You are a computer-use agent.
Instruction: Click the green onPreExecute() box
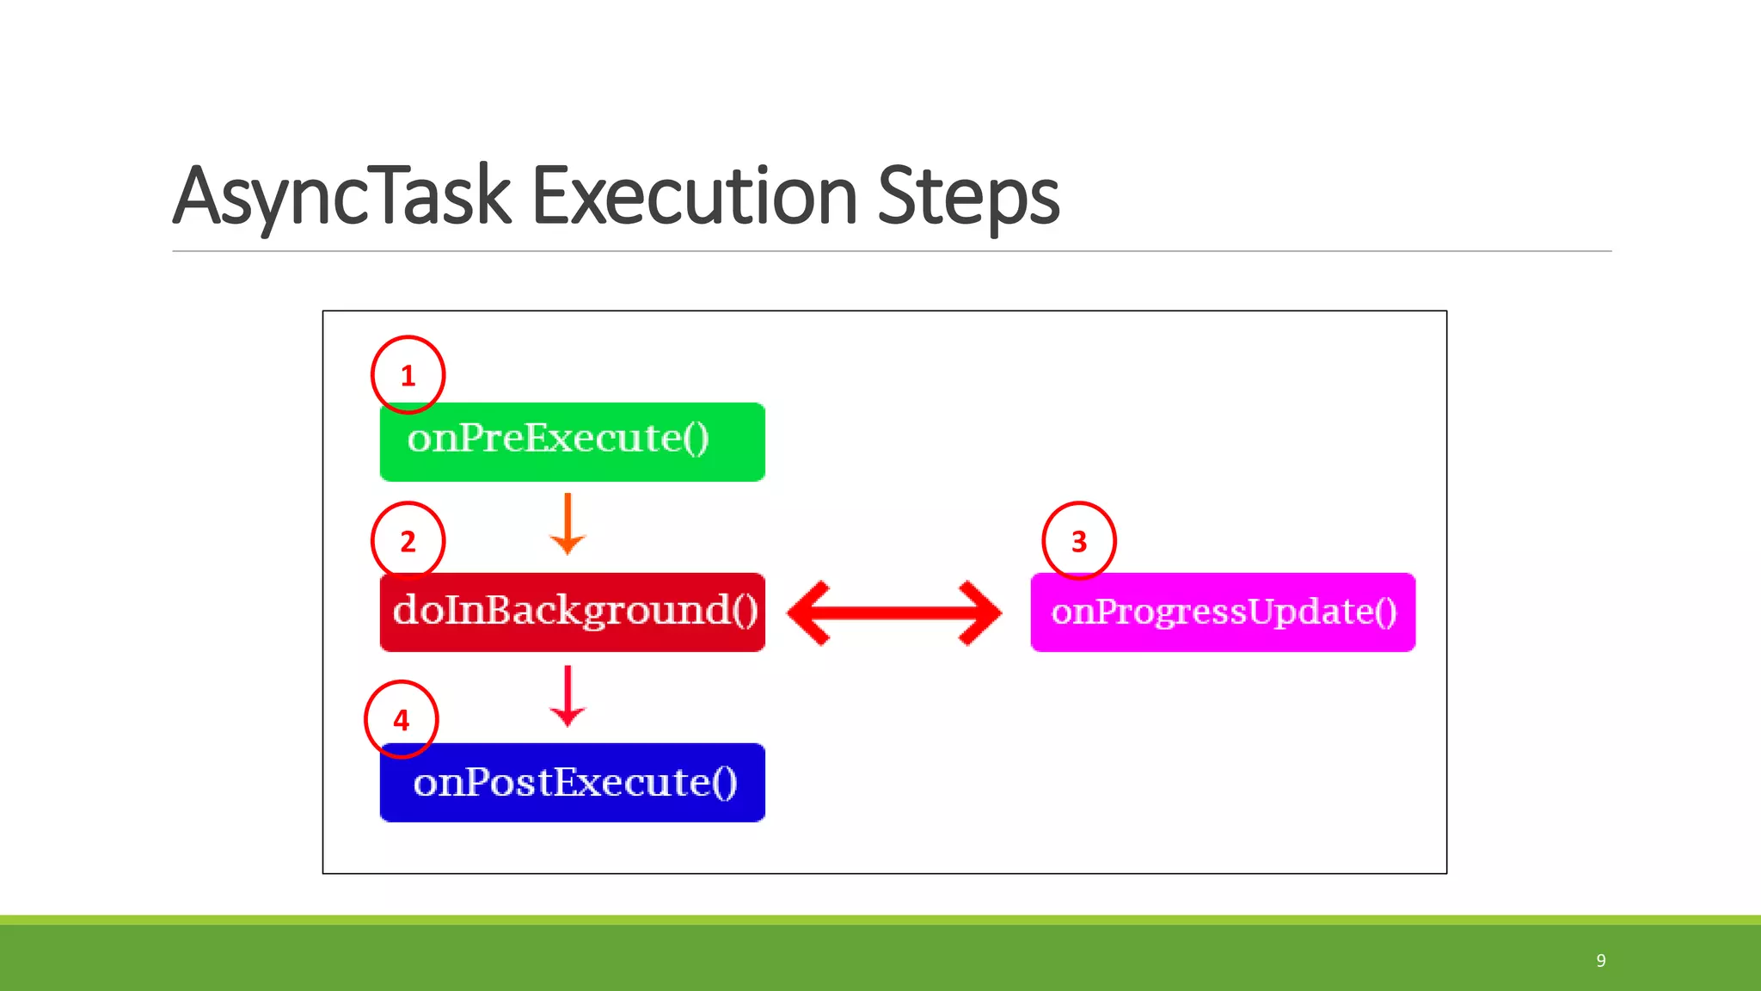click(572, 441)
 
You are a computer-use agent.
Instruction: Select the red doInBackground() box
click(572, 612)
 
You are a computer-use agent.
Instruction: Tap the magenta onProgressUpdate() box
click(1222, 612)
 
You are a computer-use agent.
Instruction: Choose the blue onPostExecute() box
click(572, 782)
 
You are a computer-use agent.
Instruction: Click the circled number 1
click(408, 375)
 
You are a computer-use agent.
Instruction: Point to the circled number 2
click(408, 541)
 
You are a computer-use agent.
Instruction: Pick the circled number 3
click(1078, 541)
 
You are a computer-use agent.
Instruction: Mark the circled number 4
click(401, 720)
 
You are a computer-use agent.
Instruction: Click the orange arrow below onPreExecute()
click(568, 524)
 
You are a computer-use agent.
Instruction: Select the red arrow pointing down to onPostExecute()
click(568, 696)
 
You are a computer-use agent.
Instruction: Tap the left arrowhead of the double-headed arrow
click(812, 612)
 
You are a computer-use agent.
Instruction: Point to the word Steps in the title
click(968, 197)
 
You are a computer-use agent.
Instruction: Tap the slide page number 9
click(1600, 960)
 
